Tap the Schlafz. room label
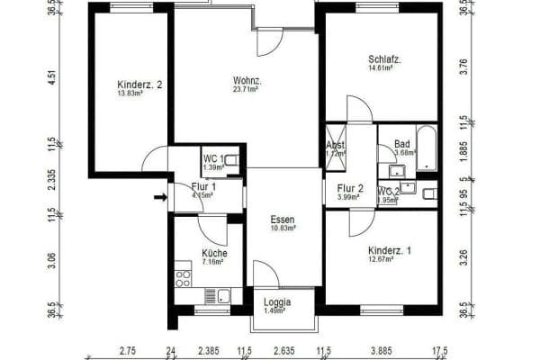pos(384,59)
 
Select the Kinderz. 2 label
pos(139,85)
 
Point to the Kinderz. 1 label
pos(390,250)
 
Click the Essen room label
pos(283,219)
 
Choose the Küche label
pos(214,253)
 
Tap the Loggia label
pos(276,302)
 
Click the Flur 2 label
pos(350,189)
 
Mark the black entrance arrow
pos(160,197)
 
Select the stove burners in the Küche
pos(184,274)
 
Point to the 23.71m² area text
pos(246,89)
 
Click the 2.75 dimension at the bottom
pos(127,351)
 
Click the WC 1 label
pos(213,158)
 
